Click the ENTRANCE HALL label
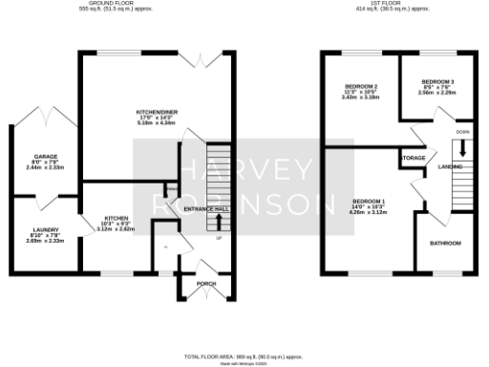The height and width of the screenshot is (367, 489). tap(207, 207)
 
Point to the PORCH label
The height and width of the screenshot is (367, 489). tap(206, 284)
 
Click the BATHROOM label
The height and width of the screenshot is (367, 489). tap(445, 243)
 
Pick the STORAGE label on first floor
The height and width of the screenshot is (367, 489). tap(413, 158)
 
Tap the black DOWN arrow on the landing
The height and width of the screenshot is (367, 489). tap(462, 148)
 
